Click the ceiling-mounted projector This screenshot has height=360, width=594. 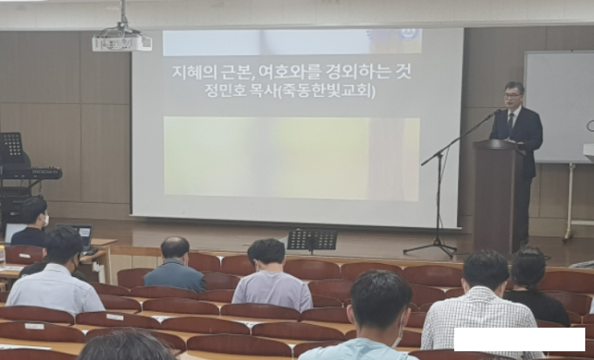122,42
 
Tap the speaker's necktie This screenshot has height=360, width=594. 510,123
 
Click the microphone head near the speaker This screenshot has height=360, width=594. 497,112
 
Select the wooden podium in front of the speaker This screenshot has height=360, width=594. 499,196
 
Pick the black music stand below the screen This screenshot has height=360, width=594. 312,240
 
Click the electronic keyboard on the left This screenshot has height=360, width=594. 31,173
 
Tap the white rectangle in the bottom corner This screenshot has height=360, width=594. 520,340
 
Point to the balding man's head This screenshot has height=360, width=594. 175,249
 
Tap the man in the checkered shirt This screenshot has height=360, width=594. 480,304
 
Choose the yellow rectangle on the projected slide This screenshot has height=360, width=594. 292,159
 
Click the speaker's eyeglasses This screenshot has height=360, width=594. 512,96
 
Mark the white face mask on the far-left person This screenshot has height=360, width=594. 46,220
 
